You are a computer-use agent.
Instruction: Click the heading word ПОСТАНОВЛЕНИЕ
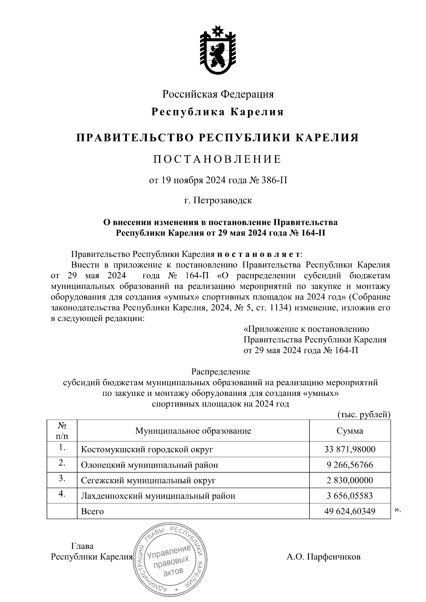[x=218, y=159]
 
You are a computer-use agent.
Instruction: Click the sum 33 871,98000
[x=350, y=450]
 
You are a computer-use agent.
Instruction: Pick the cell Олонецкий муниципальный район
[x=149, y=465]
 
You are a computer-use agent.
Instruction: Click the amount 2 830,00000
[x=350, y=481]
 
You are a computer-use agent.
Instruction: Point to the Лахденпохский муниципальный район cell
[x=158, y=496]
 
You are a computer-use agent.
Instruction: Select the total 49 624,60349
[x=350, y=511]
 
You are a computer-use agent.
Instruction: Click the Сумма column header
[x=350, y=431]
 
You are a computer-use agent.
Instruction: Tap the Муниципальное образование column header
[x=193, y=431]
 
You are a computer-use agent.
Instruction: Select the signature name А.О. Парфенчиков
[x=323, y=557]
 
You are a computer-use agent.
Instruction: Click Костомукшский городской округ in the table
[x=147, y=450]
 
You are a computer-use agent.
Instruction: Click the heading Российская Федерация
[x=218, y=94]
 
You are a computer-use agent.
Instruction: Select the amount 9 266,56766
[x=350, y=465]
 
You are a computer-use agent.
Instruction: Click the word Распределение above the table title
[x=220, y=372]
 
